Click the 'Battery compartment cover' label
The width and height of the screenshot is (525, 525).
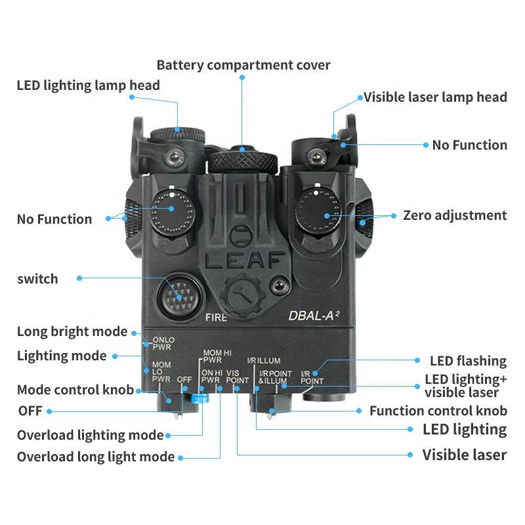[x=243, y=65]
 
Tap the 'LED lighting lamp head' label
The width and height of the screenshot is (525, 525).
[x=88, y=85]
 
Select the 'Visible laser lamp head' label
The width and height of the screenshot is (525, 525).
[x=435, y=97]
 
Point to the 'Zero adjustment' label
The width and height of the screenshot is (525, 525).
[x=455, y=215]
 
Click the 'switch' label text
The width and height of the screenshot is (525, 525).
[x=37, y=279]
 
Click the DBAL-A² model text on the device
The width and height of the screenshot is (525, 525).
[x=314, y=315]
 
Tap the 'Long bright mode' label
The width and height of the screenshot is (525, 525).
[x=72, y=331]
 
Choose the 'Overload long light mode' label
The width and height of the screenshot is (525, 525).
[x=96, y=457]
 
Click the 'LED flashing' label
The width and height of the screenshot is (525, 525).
[x=468, y=361]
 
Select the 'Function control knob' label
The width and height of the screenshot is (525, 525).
[x=438, y=411]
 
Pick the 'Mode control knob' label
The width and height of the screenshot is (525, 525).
[x=75, y=390]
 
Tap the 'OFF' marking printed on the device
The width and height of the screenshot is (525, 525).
[x=184, y=379]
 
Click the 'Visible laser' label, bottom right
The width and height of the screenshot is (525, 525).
[x=464, y=455]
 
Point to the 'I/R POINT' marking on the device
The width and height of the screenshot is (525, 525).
[x=311, y=377]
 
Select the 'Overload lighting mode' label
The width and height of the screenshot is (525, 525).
[x=90, y=435]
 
